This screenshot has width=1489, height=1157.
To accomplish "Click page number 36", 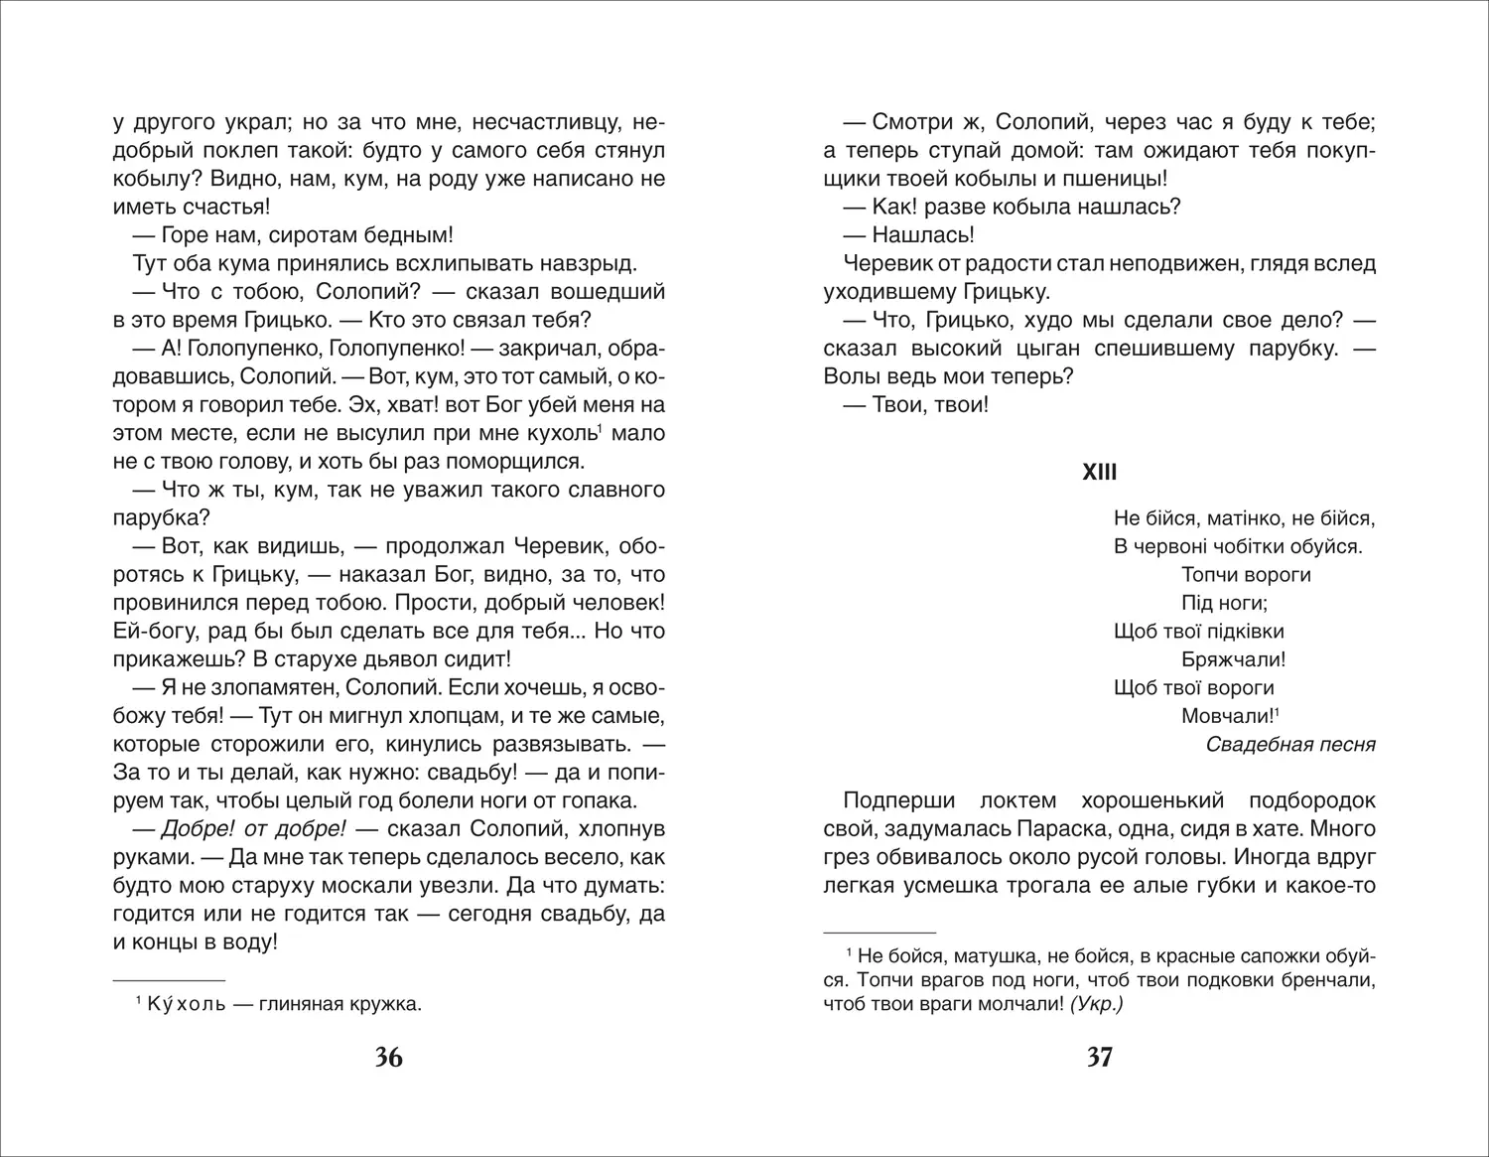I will [x=389, y=1058].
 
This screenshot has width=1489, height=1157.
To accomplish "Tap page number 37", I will [x=1099, y=1058].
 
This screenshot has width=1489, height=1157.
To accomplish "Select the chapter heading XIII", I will [x=1099, y=473].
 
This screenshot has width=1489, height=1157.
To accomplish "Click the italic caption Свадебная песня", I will [x=1290, y=744].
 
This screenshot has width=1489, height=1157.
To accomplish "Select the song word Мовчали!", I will [x=1227, y=716].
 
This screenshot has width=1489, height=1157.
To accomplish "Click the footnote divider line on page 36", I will [x=169, y=977].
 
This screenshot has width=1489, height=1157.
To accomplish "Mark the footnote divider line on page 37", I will [x=880, y=934].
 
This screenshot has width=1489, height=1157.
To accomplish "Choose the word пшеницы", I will [x=1114, y=179].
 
